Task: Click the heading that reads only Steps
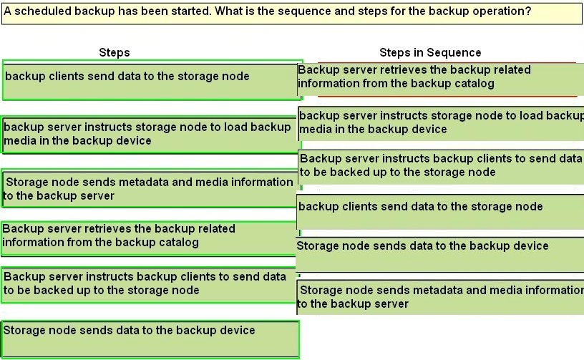tap(115, 52)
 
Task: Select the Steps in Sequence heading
tap(430, 52)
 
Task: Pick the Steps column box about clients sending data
tap(152, 80)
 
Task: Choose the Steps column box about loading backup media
tap(151, 135)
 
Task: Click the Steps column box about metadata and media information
tap(151, 189)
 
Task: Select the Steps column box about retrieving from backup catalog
tap(150, 238)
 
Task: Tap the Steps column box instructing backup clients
tap(149, 285)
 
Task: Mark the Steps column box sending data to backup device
tap(150, 339)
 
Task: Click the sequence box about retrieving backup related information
tap(441, 79)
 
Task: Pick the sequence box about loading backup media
tap(441, 124)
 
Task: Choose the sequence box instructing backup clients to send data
tap(441, 167)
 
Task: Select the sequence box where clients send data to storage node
tap(440, 212)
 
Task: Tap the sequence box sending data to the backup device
tap(440, 255)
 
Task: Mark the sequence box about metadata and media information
tap(440, 298)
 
